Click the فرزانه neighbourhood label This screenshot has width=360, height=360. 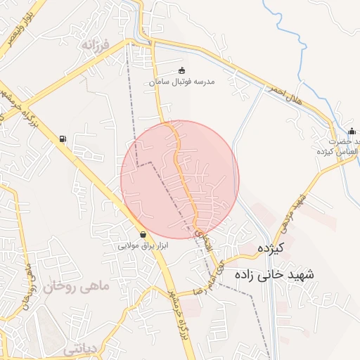coord(96,45)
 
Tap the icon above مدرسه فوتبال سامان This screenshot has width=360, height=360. coord(182,70)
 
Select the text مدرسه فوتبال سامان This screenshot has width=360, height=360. coord(181,82)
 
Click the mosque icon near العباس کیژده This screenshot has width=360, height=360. coord(352,131)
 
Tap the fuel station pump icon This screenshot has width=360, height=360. coord(64,139)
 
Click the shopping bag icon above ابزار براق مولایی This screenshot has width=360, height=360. coord(143,234)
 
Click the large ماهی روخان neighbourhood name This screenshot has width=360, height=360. coord(77,287)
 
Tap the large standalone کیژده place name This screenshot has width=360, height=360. coord(270,248)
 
